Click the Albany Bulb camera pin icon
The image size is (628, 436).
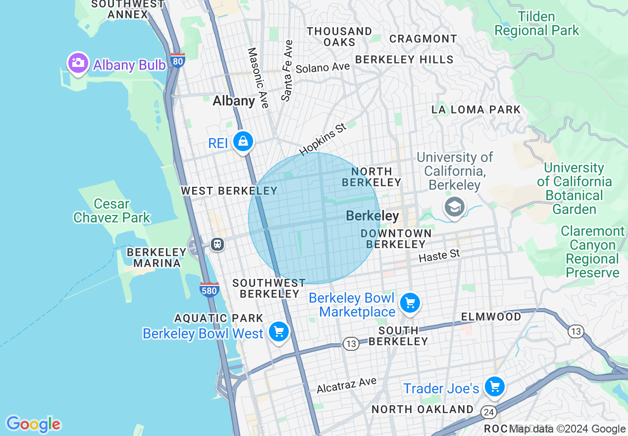tap(78, 63)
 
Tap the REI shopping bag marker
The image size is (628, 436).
tap(243, 142)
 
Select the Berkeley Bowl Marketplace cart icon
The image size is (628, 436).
tap(410, 303)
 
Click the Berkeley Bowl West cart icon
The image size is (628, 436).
tap(278, 331)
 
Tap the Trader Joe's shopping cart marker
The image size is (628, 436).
tap(494, 386)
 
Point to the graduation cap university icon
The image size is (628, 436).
tap(454, 206)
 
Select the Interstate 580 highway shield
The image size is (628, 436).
tap(209, 289)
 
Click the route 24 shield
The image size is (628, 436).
tap(489, 412)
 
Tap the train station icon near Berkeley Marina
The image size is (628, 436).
tap(217, 244)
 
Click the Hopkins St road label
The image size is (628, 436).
tap(323, 140)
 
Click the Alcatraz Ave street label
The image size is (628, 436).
tap(347, 385)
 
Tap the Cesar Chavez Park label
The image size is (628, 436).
tap(111, 211)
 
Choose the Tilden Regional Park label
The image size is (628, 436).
tap(536, 23)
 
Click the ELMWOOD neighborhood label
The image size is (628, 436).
tap(491, 317)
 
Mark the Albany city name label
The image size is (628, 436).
tap(234, 101)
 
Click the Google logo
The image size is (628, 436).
tap(33, 424)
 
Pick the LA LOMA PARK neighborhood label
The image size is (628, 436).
tap(476, 109)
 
